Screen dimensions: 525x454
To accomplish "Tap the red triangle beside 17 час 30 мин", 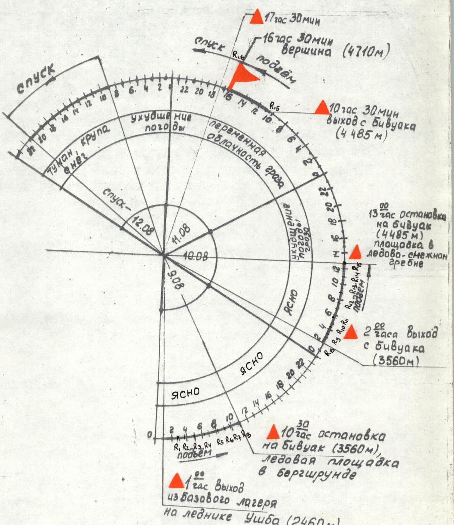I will pyautogui.click(x=257, y=17).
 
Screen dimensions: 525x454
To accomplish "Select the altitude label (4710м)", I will pyautogui.click(x=366, y=51).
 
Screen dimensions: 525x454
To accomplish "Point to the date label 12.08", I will pyautogui.click(x=142, y=225).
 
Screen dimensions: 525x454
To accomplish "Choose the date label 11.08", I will pyautogui.click(x=181, y=234).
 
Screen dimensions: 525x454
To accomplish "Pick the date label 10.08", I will pyautogui.click(x=195, y=256).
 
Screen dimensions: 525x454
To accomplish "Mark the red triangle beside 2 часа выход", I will pyautogui.click(x=350, y=333).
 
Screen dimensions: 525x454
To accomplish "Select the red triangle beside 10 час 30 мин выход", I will pyautogui.click(x=322, y=107).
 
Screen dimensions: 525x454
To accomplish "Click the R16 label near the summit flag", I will pyautogui.click(x=239, y=55).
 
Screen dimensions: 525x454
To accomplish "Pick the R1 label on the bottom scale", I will pyautogui.click(x=177, y=447).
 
